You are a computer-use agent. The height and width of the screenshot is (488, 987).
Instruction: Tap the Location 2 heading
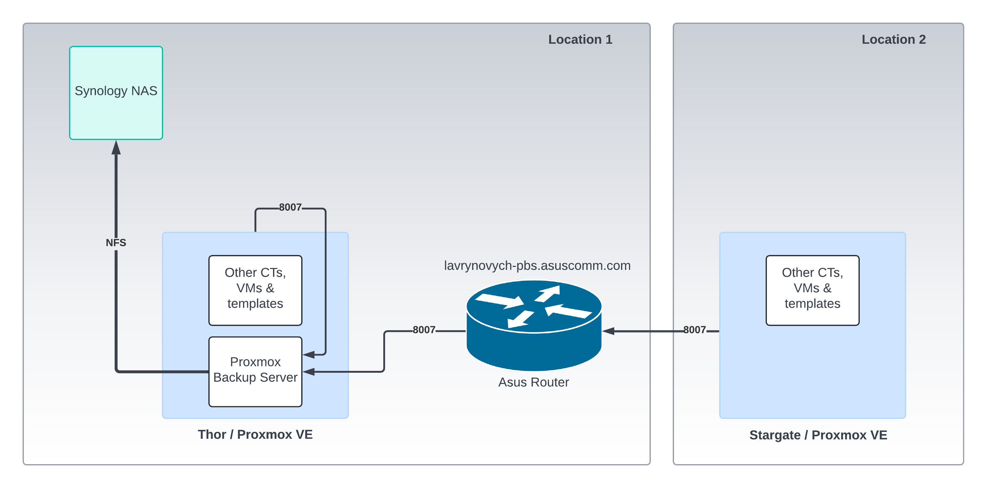893,39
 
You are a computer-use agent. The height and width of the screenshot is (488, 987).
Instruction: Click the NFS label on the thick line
116,243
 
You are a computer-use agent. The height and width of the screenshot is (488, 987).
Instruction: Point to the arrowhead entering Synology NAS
116,147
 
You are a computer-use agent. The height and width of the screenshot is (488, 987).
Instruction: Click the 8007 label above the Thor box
290,207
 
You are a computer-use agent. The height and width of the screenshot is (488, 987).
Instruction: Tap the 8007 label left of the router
424,330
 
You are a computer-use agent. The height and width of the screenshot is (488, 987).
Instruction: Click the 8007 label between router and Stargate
694,330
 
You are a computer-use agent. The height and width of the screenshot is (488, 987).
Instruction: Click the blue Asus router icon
534,326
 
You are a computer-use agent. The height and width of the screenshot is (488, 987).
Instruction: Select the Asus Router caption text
533,382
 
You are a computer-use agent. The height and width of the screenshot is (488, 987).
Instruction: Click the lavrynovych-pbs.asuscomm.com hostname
537,266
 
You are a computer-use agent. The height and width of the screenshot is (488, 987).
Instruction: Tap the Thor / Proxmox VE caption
255,434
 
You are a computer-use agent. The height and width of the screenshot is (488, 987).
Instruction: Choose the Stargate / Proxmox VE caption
818,435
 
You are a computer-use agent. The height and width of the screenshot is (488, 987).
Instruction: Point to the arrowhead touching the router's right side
608,331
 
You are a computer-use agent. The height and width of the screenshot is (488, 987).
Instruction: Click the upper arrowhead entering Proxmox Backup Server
309,354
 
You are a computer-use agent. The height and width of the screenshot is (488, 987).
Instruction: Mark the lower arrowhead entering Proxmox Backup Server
309,371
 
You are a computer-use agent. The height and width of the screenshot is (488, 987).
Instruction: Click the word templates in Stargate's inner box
812,304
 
